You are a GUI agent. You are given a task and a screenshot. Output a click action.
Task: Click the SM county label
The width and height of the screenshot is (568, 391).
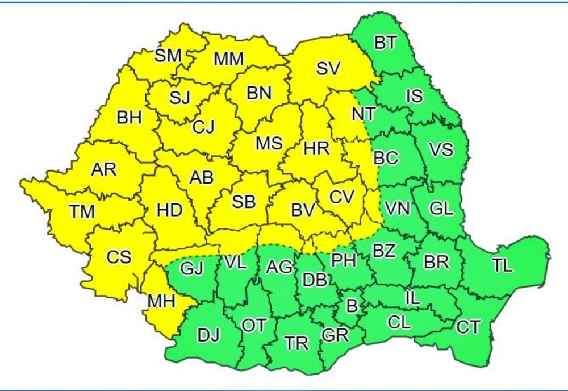click(168, 55)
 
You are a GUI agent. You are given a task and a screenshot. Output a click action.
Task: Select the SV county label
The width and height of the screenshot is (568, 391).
click(328, 69)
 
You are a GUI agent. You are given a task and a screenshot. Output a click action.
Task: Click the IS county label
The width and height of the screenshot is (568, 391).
click(414, 95)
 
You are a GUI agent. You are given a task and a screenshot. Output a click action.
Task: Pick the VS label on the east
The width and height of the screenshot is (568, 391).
click(441, 150)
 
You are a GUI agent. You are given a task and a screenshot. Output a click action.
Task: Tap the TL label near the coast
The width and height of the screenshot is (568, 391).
click(502, 265)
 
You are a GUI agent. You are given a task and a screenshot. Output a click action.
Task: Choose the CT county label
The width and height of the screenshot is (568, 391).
click(468, 327)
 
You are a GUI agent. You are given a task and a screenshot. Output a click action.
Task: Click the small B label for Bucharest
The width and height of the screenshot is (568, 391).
click(352, 306)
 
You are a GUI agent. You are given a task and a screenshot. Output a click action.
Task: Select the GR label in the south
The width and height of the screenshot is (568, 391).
click(335, 335)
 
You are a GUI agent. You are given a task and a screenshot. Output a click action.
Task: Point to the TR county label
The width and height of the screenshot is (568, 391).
click(296, 343)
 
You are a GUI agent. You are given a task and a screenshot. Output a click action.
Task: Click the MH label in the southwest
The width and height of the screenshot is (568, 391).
click(161, 301)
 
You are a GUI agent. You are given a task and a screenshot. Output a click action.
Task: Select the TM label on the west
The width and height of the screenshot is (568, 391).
click(82, 211)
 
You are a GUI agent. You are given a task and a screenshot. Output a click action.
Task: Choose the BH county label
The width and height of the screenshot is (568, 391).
click(130, 118)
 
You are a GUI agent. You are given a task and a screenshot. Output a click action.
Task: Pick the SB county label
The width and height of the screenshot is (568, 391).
click(244, 201)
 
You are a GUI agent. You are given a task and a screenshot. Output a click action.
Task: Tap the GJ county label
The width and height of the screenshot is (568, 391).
click(191, 268)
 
